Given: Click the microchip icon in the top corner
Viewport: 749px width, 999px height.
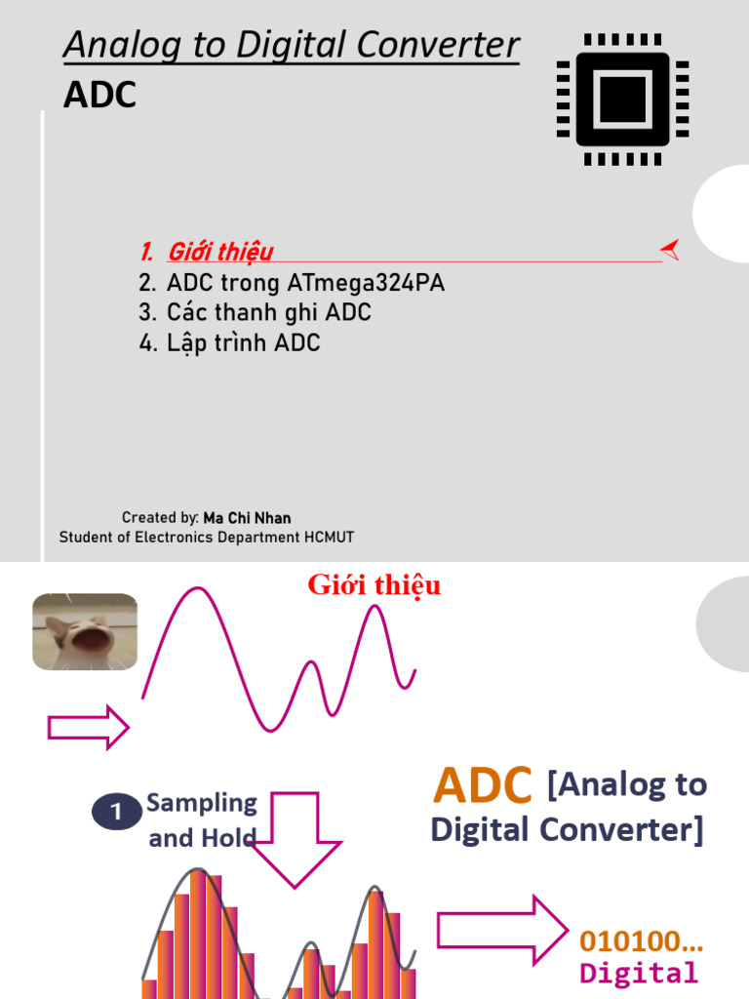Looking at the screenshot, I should point(622,99).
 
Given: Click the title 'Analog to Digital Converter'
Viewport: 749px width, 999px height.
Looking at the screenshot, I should point(291,45).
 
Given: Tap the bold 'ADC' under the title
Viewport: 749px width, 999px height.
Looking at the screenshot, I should point(99,96).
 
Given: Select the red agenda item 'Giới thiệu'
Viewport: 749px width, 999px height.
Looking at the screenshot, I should point(219,252).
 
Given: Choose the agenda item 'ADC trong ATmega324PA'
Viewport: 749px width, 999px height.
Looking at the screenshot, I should point(305,283).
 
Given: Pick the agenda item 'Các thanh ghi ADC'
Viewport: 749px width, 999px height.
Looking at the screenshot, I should point(268,313).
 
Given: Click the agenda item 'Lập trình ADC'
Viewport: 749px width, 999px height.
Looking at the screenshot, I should point(243,343).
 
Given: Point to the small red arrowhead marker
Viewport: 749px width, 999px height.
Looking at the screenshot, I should point(670,250).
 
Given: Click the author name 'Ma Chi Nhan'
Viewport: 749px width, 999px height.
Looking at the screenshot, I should point(247,518).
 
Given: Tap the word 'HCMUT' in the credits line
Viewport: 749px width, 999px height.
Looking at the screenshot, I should point(327,538).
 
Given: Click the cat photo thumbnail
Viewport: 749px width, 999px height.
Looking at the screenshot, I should point(85,631).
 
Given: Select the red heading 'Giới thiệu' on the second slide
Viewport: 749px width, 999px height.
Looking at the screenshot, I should point(374,585).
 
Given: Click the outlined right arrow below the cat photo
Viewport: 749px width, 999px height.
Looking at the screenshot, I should point(88,728).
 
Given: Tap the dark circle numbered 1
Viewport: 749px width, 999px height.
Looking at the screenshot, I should point(117,812).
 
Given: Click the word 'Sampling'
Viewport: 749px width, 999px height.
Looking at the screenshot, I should point(202,804).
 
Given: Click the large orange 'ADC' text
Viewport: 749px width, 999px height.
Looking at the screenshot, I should point(483,784).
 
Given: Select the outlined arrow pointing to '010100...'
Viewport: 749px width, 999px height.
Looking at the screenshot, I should point(501,930).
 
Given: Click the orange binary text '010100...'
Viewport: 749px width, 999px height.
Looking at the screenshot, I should point(641,941).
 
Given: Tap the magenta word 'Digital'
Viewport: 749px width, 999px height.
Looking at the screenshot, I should point(639,973).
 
